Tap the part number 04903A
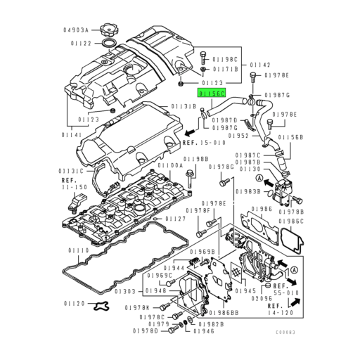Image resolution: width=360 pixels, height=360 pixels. (x=76, y=30)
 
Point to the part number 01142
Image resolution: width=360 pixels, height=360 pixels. (x=260, y=64)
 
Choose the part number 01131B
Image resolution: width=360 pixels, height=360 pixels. (x=184, y=107)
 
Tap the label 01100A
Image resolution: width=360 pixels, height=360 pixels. (x=171, y=165)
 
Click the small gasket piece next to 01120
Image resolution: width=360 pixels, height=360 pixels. (x=104, y=307)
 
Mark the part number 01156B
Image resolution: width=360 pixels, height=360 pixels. (x=292, y=138)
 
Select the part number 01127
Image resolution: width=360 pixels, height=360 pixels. (x=175, y=219)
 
